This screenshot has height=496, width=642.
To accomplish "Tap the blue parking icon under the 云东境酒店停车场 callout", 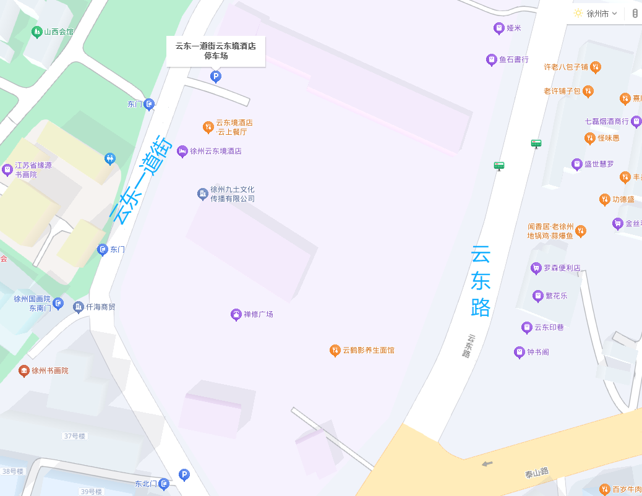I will [216, 77].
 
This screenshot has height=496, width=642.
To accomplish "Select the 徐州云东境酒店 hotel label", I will [215, 151].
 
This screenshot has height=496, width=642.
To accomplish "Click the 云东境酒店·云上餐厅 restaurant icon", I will [208, 127].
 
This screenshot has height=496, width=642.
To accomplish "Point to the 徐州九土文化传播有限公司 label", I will [232, 194].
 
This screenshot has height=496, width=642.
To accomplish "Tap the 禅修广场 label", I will [258, 314].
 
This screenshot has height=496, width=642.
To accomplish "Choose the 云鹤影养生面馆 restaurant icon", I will [335, 351].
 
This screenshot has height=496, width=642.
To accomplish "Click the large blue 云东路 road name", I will [481, 281].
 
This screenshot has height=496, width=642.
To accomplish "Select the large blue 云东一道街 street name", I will [140, 179].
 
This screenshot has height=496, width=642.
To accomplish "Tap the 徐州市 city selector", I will [597, 14].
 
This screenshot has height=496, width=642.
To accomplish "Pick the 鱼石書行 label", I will [513, 59].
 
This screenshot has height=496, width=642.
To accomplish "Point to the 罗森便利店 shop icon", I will [536, 268].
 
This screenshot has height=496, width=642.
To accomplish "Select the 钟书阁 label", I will [537, 352].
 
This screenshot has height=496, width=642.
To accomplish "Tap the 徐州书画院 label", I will [50, 370].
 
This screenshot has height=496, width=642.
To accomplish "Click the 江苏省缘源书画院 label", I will [33, 170].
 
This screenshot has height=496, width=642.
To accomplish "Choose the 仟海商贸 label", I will [100, 307].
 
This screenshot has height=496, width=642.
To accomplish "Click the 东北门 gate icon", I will [164, 484].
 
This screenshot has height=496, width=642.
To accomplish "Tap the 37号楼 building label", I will [74, 436].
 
